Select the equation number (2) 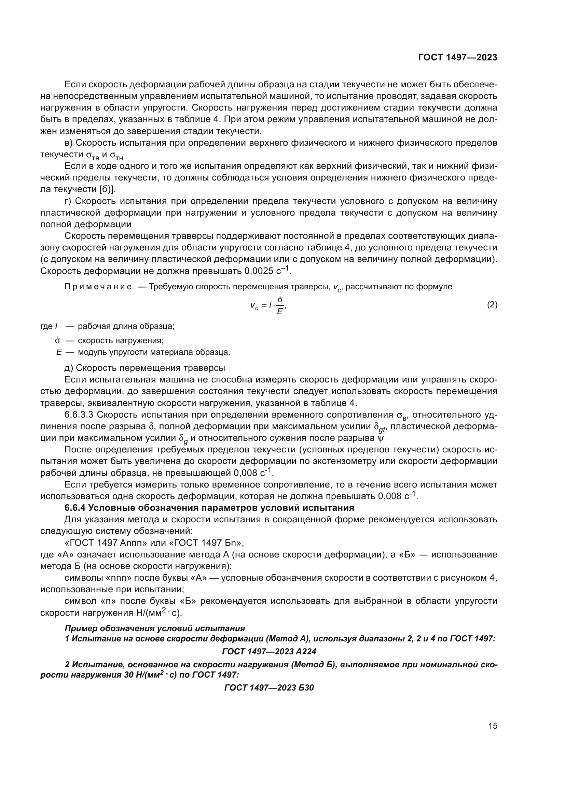(492, 305)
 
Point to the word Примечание (98, 287)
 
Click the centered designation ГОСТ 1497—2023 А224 (268, 651)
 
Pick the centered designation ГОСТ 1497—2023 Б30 (269, 687)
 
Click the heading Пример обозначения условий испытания (155, 628)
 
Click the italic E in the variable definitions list (59, 352)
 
